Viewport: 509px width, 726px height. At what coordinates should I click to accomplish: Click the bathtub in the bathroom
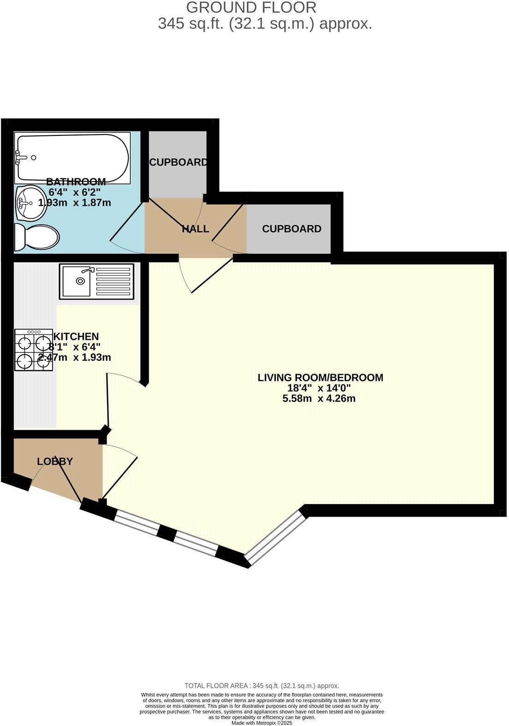pyautogui.click(x=72, y=158)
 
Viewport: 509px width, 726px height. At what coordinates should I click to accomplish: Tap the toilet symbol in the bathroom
pyautogui.click(x=36, y=238)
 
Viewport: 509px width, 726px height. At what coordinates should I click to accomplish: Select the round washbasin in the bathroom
pyautogui.click(x=30, y=203)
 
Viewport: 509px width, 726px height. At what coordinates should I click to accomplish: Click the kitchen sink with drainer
pyautogui.click(x=96, y=281)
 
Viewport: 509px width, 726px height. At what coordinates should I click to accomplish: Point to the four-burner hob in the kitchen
pyautogui.click(x=34, y=350)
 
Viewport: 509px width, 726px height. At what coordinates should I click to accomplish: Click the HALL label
pyautogui.click(x=195, y=229)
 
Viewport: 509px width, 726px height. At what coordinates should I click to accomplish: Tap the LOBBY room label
pyautogui.click(x=55, y=461)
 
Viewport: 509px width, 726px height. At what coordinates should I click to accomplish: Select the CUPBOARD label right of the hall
pyautogui.click(x=291, y=229)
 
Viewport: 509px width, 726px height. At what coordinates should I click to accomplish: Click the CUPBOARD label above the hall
pyautogui.click(x=178, y=162)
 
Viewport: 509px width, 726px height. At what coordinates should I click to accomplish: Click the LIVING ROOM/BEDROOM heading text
pyautogui.click(x=320, y=378)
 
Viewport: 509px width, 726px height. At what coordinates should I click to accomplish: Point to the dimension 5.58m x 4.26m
pyautogui.click(x=319, y=398)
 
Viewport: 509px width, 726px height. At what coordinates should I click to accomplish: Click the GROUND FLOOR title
pyautogui.click(x=251, y=7)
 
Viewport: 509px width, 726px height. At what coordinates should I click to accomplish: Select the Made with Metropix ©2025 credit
pyautogui.click(x=262, y=723)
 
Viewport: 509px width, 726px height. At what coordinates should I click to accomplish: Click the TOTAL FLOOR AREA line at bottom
pyautogui.click(x=261, y=685)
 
